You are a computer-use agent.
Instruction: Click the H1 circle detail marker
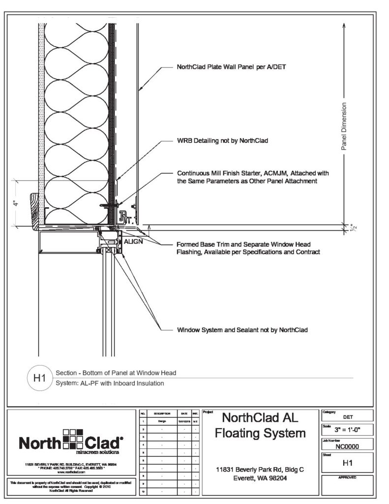pyautogui.click(x=39, y=378)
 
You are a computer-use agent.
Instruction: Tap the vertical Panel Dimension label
pyautogui.click(x=344, y=126)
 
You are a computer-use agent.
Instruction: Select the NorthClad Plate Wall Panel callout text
pyautogui.click(x=228, y=67)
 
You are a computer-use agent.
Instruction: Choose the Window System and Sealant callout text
pyautogui.click(x=242, y=330)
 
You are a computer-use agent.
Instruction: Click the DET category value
pyautogui.click(x=347, y=416)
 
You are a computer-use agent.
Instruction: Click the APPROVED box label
pyautogui.click(x=347, y=477)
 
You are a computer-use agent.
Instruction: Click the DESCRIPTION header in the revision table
pyautogui.click(x=162, y=414)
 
